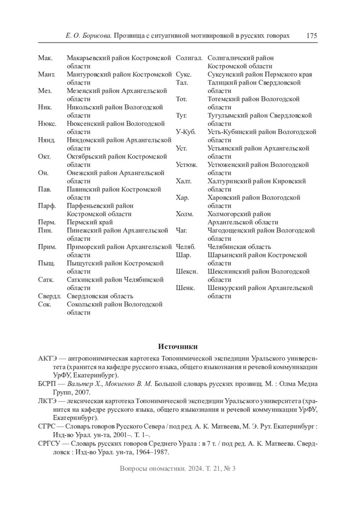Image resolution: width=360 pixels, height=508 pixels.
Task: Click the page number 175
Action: (311, 36)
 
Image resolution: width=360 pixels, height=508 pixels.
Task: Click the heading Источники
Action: (178, 347)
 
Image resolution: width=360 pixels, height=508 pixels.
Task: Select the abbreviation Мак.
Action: (45, 58)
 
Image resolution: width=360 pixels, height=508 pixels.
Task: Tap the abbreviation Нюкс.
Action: (47, 124)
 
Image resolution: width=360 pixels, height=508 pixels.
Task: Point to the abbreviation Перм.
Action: (47, 222)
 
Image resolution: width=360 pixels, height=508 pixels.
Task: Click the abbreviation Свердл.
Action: (49, 296)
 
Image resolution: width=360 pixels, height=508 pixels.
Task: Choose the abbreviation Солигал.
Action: (189, 58)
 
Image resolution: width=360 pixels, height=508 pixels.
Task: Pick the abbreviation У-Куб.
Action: (186, 132)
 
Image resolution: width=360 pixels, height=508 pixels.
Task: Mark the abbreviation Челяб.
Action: (185, 247)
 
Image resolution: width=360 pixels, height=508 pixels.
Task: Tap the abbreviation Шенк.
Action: (185, 288)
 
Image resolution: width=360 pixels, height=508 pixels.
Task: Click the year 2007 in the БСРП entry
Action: (82, 392)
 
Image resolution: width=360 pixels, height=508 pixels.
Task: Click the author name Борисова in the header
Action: (97, 36)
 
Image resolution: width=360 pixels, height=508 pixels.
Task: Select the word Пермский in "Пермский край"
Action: (79, 222)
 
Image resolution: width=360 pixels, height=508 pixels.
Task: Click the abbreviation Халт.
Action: (184, 181)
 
